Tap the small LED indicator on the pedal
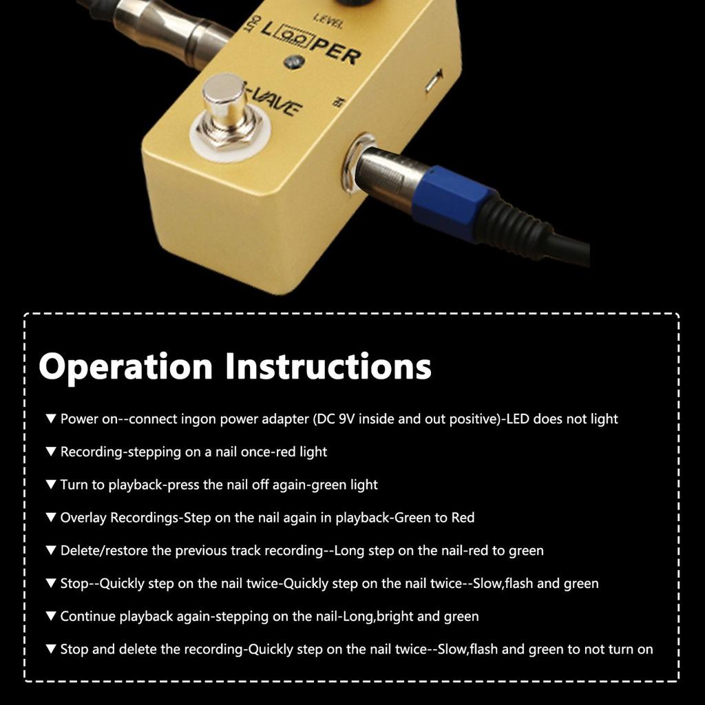[293, 62]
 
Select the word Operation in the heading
[125, 366]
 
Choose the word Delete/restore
[103, 550]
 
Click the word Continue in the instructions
[87, 616]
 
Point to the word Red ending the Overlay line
[463, 517]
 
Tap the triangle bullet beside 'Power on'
[50, 419]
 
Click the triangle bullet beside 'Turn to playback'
[50, 485]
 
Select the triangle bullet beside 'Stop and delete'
[50, 649]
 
